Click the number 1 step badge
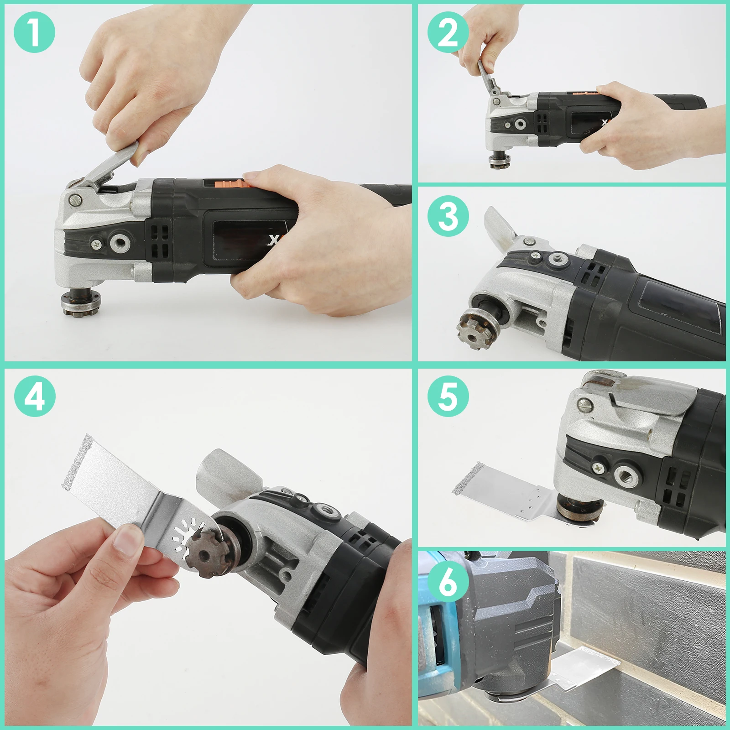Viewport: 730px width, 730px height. tap(34, 32)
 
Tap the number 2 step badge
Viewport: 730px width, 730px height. tap(448, 32)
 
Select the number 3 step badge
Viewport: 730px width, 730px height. tap(448, 216)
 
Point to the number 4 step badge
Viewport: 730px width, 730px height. tap(35, 396)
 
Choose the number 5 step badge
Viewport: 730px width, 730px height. tap(448, 396)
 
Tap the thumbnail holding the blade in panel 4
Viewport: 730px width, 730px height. tap(126, 538)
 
